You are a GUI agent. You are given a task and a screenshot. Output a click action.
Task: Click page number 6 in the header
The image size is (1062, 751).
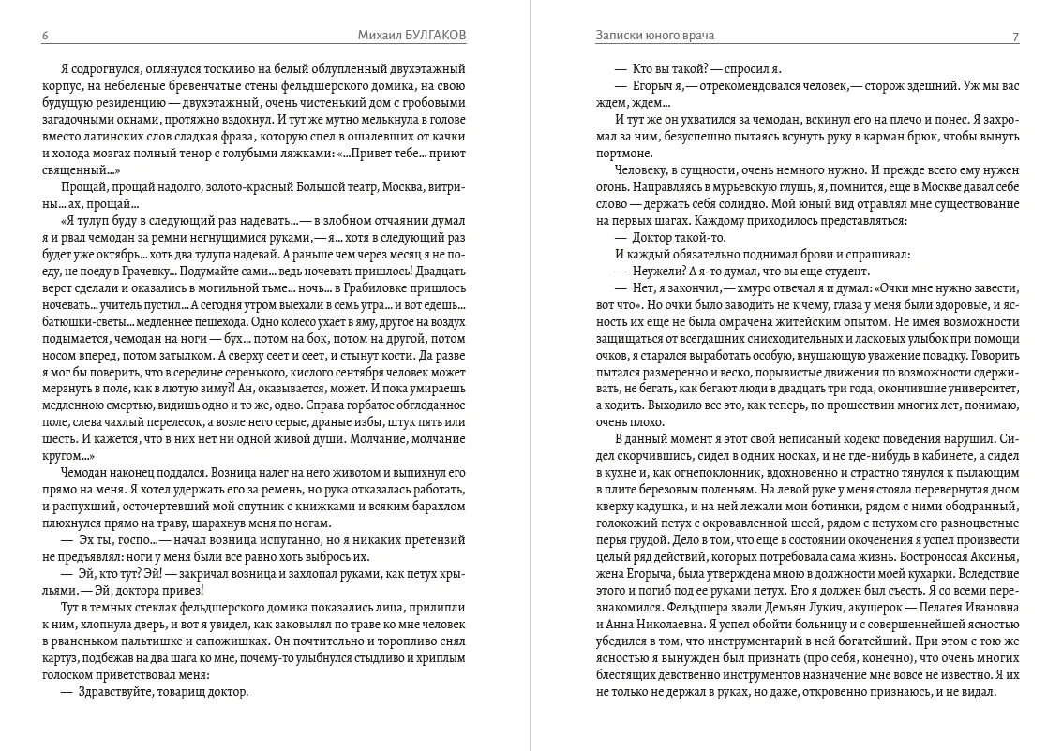point(45,36)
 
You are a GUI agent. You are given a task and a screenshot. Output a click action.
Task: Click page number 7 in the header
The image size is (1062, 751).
point(1015,36)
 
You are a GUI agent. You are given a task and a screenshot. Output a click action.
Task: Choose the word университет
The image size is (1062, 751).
point(980,388)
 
